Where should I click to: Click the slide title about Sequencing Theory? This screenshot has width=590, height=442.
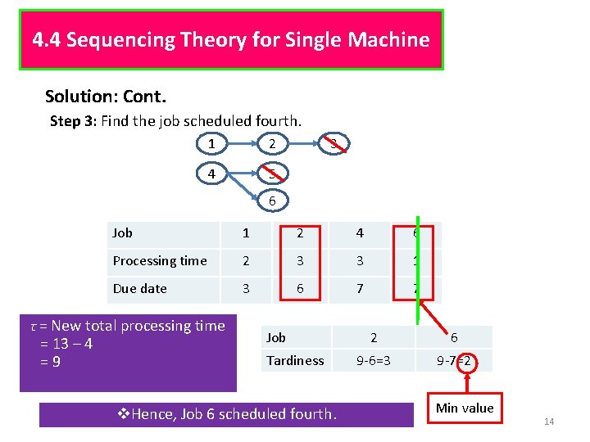[x=231, y=40]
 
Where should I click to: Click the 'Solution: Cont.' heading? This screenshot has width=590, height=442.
[x=106, y=97]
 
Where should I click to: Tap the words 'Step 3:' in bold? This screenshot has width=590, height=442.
[x=74, y=121]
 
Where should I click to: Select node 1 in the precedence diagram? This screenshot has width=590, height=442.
[x=212, y=145]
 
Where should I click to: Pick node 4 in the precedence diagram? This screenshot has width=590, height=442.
[x=212, y=174]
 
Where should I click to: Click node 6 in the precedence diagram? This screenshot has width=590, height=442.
[x=272, y=200]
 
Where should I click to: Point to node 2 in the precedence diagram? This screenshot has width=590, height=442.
[x=272, y=145]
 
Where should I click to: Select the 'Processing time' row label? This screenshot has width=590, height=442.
[x=160, y=261]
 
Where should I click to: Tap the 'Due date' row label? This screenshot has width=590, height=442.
[x=140, y=289]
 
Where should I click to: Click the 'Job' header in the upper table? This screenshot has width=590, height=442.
[x=123, y=233]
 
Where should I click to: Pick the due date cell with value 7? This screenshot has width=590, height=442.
[x=359, y=289]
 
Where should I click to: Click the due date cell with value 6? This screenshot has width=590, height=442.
[x=300, y=289]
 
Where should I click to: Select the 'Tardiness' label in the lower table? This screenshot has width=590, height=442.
[x=295, y=360]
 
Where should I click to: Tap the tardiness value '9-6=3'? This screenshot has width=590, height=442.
[x=374, y=360]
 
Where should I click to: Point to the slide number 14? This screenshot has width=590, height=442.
[x=549, y=422]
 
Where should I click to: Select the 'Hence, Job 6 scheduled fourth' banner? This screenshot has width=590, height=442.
[x=226, y=414]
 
